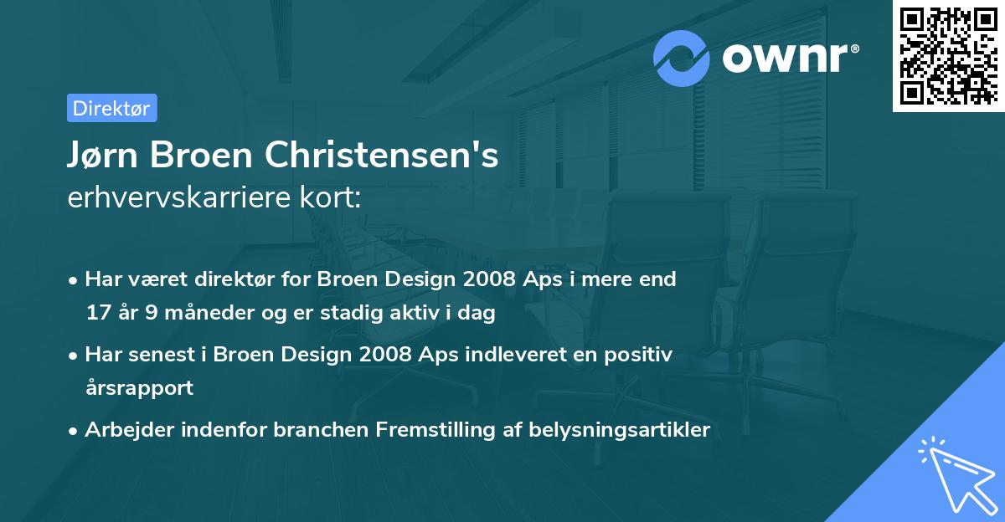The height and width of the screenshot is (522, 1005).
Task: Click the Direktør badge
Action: click(111, 108)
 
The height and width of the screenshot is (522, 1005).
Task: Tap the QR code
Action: click(948, 56)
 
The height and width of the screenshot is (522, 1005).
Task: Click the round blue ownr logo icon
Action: click(682, 58)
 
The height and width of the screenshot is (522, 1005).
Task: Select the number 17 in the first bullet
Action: click(97, 314)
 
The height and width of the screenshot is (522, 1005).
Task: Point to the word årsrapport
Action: click(139, 388)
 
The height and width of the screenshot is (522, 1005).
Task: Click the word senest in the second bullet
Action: click(163, 355)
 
